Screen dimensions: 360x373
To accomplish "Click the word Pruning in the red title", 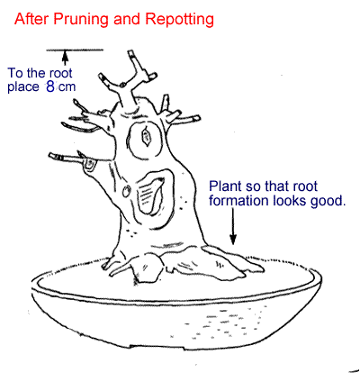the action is (81, 20).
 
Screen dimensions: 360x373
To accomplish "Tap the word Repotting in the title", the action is (179, 20).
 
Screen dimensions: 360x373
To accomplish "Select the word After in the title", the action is (31, 19).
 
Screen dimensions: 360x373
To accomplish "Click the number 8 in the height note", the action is (50, 86).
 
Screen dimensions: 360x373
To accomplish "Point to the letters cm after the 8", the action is (67, 87).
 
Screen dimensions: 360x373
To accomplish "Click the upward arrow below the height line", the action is (65, 58).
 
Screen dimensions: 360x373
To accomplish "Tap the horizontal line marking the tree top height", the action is (75, 50).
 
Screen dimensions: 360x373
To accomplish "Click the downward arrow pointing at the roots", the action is (233, 226).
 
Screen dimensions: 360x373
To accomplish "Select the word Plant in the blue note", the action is (225, 186).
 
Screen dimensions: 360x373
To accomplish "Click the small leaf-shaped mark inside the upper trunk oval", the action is (147, 137).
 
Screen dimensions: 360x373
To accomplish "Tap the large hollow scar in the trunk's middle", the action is (152, 193).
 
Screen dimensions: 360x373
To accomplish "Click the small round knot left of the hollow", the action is (126, 191).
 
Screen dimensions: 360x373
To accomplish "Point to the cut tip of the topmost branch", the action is (131, 53).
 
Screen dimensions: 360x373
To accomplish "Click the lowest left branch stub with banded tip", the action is (65, 158).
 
